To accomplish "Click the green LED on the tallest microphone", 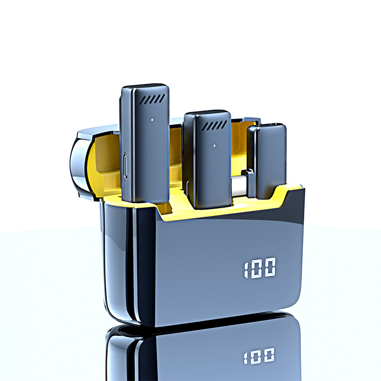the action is click(x=152, y=120).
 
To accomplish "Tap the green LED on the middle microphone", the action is click(x=214, y=146).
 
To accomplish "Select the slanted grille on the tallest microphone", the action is click(x=152, y=100).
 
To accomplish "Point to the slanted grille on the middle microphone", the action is click(x=214, y=125).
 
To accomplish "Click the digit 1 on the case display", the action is click(x=246, y=270).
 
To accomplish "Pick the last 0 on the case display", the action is click(x=270, y=267).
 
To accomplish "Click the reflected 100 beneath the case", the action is click(x=259, y=356).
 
